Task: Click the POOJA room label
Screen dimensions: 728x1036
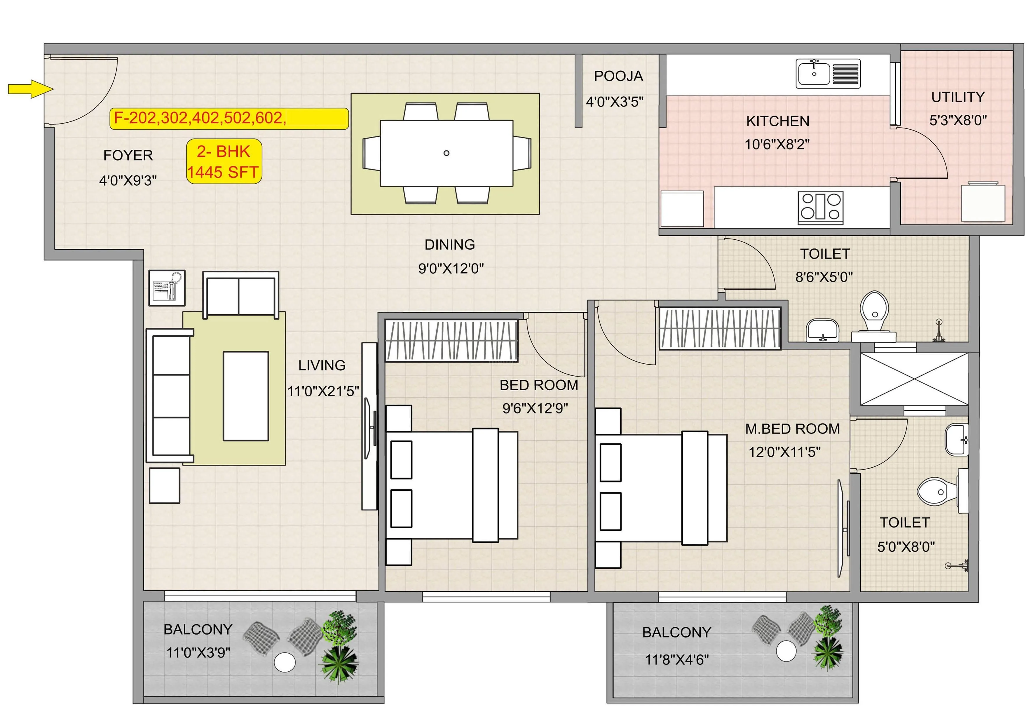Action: click(x=618, y=76)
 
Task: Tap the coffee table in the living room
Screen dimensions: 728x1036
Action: click(x=246, y=396)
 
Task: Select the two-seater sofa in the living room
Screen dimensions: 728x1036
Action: click(x=240, y=294)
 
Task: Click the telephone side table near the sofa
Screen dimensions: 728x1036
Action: click(x=167, y=288)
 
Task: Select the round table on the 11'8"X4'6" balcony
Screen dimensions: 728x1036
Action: click(x=786, y=651)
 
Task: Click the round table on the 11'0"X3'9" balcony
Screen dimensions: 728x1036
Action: click(x=285, y=662)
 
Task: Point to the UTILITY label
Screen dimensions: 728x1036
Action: click(x=957, y=97)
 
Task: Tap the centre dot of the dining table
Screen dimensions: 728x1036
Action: click(x=446, y=153)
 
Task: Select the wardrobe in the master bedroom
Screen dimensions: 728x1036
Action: click(x=720, y=328)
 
